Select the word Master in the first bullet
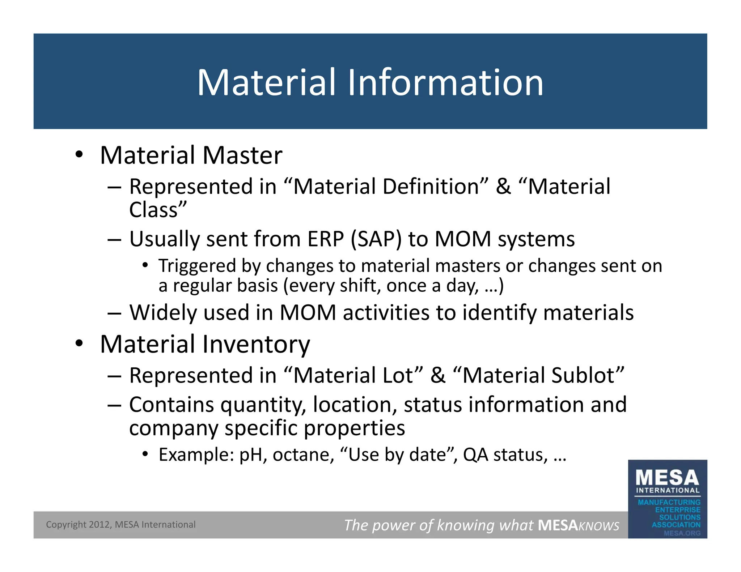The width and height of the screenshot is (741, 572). tap(242, 155)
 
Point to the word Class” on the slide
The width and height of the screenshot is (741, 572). tap(158, 210)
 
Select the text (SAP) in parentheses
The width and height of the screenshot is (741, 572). tap(376, 239)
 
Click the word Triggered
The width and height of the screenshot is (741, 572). tap(197, 266)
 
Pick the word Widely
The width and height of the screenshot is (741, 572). tap(164, 312)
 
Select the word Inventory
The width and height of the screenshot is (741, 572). tap(256, 344)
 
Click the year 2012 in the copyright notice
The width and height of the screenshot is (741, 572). tap(99, 525)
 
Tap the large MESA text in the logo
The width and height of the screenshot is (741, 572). tap(667, 478)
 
